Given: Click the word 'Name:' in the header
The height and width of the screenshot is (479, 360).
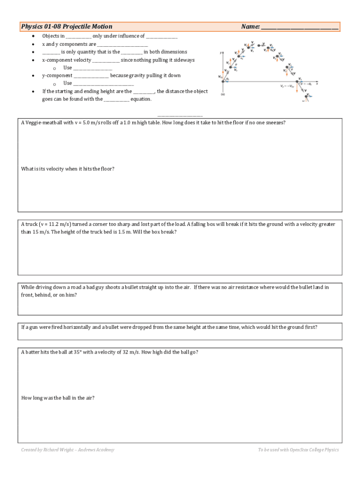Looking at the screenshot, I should pos(250,27).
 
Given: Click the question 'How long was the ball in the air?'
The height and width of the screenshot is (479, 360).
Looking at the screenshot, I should pos(58,398).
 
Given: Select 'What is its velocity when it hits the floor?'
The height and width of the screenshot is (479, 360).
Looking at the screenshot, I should pos(68,169).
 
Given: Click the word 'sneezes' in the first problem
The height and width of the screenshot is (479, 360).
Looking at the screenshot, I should pos(274,123).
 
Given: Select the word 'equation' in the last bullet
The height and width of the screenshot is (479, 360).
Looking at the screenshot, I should pos(141,99).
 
